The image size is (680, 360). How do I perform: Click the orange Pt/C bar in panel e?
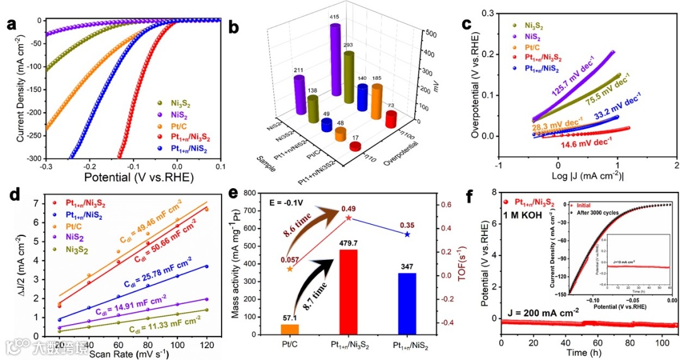coord(290,329)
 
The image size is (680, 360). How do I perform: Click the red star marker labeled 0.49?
coord(348,218)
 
